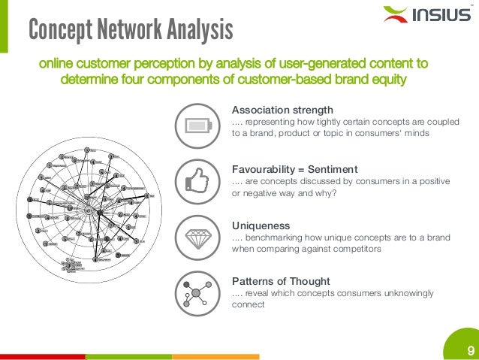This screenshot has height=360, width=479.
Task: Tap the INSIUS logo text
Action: tap(441, 15)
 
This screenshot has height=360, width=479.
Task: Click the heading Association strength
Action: tap(283, 109)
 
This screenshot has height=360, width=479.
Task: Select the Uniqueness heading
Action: tap(261, 225)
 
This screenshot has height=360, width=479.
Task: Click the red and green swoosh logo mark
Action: tap(395, 14)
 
